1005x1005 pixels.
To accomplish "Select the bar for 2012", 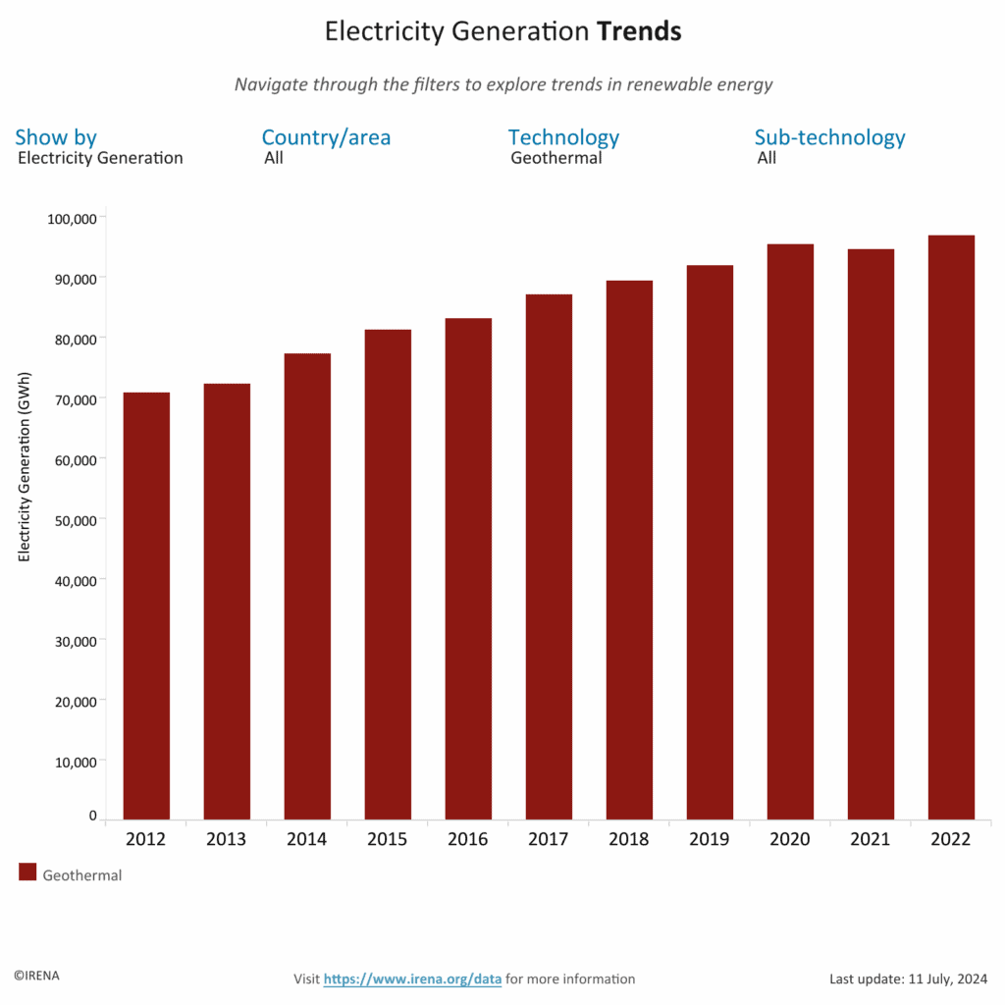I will [x=146, y=606].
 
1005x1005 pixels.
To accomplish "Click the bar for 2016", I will [x=468, y=568].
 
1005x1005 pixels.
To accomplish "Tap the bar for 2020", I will [x=790, y=531].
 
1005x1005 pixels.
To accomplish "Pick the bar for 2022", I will [x=951, y=527].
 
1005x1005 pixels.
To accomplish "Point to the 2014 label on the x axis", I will [x=307, y=840].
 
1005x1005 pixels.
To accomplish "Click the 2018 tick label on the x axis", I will [x=629, y=840].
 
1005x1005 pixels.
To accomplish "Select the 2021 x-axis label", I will [x=871, y=840].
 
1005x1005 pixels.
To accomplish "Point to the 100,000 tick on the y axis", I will [x=72, y=218].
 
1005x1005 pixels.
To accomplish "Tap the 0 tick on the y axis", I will [x=93, y=816].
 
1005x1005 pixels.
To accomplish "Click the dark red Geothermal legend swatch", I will [x=27, y=873].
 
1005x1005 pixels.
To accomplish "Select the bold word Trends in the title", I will [x=639, y=32].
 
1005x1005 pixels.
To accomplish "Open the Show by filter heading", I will [x=56, y=137].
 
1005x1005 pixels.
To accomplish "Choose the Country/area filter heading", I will [x=326, y=137].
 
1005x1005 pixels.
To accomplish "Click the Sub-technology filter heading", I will [x=829, y=137].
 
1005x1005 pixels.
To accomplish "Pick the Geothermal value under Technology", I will [x=555, y=158].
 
